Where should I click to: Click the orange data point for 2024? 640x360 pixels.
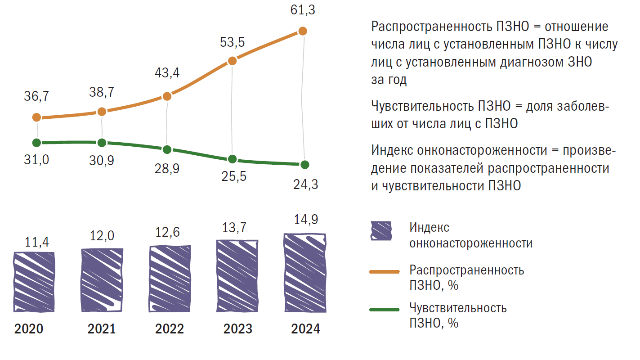coord(303,31)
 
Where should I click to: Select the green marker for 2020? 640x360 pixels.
coord(37,143)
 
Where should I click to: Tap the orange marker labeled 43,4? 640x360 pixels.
coord(167,96)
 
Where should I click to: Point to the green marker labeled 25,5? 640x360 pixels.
coord(232,159)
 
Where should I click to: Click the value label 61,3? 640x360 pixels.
coord(302,10)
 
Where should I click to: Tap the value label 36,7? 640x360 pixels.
coord(37,96)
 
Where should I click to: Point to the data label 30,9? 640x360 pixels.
coord(102,161)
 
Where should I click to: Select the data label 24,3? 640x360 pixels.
coord(305,184)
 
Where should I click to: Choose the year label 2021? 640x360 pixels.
coord(102,329)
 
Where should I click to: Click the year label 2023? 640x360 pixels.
coord(237,329)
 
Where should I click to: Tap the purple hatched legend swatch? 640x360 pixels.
coord(381,231)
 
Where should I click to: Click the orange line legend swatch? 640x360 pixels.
coord(384,271)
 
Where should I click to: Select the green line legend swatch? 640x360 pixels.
coord(384,310)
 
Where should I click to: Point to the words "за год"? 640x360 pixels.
coord(389,80)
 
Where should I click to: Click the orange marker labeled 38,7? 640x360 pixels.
coord(102,112)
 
